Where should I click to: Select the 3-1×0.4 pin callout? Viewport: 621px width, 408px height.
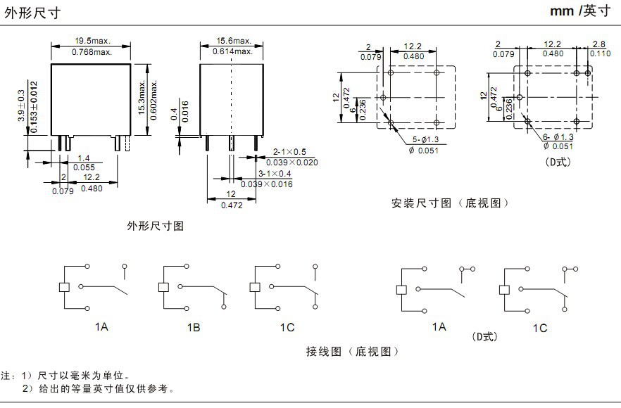(276, 173)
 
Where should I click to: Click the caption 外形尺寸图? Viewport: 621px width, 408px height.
(155, 226)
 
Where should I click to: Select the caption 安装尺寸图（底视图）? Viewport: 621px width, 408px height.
(450, 203)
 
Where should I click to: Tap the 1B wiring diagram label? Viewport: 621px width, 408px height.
(194, 328)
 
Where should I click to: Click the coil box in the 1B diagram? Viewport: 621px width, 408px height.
(163, 287)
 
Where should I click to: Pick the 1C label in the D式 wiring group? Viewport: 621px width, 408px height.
(539, 328)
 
